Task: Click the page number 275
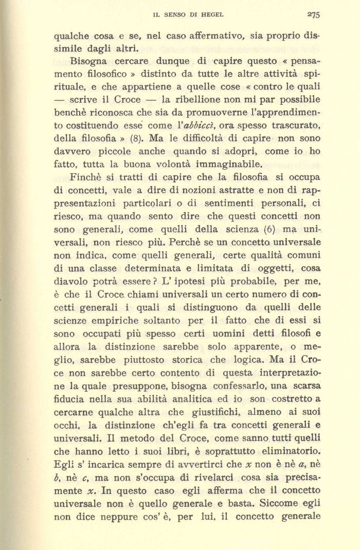pos(313,15)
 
